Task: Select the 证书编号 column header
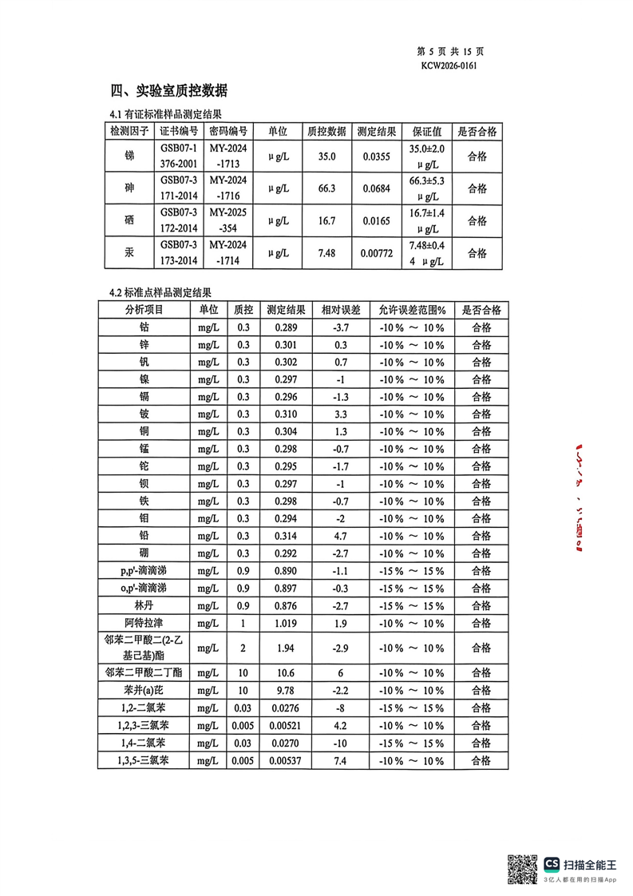click(x=179, y=131)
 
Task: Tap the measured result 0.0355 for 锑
click(x=376, y=157)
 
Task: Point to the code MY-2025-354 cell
click(x=228, y=221)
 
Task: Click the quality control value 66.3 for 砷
click(x=326, y=189)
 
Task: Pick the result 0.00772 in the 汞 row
click(x=376, y=253)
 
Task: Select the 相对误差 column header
click(x=341, y=310)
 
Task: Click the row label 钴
click(x=144, y=327)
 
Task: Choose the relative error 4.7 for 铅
click(x=340, y=536)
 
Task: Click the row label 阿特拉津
click(x=144, y=623)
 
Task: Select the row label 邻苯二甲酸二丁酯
click(x=144, y=672)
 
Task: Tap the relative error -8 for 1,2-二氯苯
click(x=340, y=708)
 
